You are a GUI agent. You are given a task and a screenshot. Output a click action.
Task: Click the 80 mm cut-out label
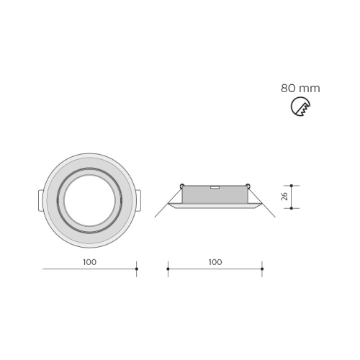point(300,89)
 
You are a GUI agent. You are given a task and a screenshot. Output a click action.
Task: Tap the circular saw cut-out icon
point(300,107)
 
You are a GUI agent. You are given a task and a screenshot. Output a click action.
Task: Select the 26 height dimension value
point(284,197)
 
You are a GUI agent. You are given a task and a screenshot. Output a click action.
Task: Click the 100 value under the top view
point(90,262)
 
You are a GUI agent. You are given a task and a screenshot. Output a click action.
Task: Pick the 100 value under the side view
point(215,262)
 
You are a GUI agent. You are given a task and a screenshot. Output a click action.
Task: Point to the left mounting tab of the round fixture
point(41,201)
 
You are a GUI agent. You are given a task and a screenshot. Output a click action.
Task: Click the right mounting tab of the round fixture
point(138,201)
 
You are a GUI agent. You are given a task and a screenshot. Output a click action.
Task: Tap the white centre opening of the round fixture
point(89,200)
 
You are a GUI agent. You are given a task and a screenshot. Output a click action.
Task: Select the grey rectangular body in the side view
point(215,194)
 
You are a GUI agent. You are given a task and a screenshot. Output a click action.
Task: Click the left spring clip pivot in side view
point(182,185)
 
